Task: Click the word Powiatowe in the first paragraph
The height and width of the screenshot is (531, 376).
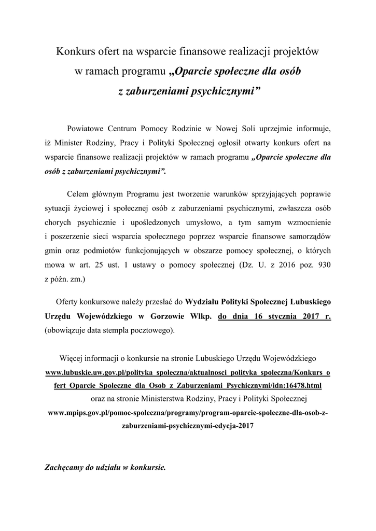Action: click(86, 128)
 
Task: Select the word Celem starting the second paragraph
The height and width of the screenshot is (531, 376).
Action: click(78, 194)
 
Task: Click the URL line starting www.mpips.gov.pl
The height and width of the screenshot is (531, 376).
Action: click(188, 413)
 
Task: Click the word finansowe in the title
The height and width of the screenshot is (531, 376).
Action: click(205, 52)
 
